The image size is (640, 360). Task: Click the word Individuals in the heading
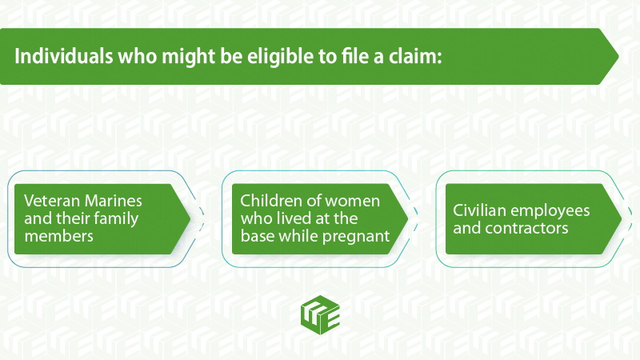(x=64, y=56)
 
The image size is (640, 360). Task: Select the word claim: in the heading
(x=415, y=56)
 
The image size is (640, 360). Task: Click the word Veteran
(x=52, y=201)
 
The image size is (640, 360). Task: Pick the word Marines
(x=113, y=201)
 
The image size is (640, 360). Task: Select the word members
(x=58, y=236)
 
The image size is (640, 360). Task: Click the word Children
(x=270, y=201)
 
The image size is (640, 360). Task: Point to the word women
(x=352, y=202)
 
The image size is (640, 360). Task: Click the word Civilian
(x=479, y=210)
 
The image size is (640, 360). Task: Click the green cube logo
(x=321, y=315)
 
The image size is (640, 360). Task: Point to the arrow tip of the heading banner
(x=618, y=56)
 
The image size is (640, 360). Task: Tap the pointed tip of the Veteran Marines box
(x=190, y=218)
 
